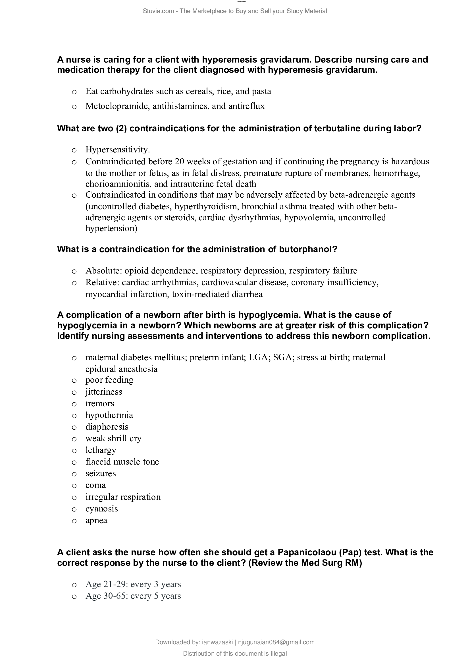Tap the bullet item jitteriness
(104, 392)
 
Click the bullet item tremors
(99, 403)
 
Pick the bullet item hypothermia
(109, 415)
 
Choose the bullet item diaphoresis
(107, 427)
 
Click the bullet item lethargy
(101, 450)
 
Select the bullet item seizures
(100, 473)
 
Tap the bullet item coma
(95, 485)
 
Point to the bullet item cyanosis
(101, 509)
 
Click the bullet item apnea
(96, 521)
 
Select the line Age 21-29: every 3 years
(133, 584)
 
